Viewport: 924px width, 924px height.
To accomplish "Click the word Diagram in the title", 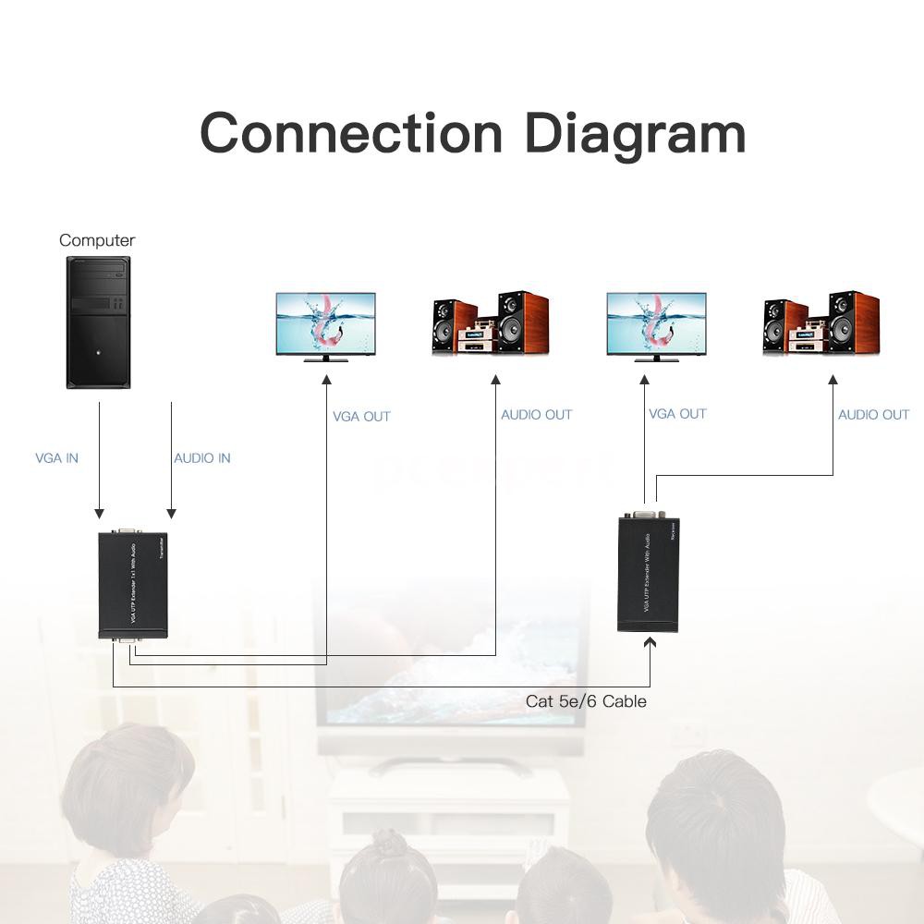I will click(635, 134).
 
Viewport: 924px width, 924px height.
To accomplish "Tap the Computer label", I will click(97, 240).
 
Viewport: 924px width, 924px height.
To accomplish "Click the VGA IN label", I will click(56, 458).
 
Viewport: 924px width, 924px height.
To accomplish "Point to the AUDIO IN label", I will click(202, 458).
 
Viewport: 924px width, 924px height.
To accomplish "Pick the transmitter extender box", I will click(133, 584).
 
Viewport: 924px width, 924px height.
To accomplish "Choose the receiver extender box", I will click(648, 575).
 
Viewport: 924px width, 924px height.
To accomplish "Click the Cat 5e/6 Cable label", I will click(586, 701).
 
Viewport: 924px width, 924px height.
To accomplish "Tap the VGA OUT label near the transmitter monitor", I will click(361, 417).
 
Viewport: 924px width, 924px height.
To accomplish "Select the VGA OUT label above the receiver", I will click(677, 414).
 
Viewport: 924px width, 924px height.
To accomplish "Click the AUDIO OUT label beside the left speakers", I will click(536, 415).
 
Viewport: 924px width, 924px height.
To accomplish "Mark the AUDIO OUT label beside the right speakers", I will click(873, 415).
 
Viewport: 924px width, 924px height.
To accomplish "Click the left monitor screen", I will click(326, 323).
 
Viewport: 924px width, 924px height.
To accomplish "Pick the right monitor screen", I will click(656, 323).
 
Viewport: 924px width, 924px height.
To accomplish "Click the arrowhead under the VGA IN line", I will click(99, 514).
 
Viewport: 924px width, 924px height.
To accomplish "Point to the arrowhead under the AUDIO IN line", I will click(171, 514).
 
